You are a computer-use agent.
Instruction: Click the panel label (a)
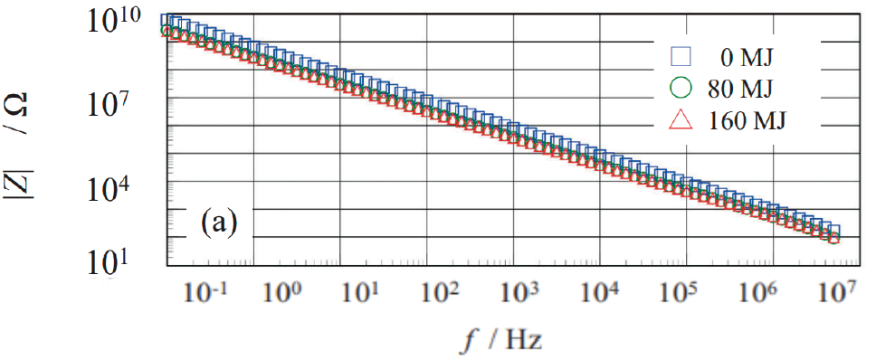[218, 223]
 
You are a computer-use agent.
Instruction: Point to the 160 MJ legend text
[747, 121]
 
